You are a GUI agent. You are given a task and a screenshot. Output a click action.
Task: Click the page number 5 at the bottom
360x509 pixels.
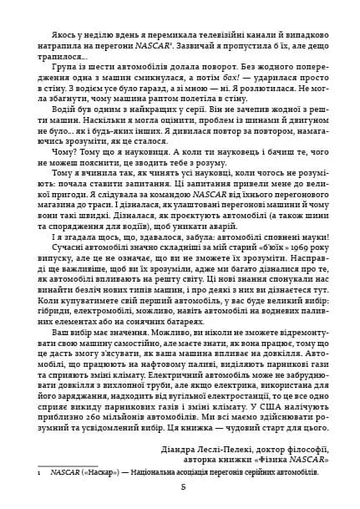pyautogui.click(x=180, y=487)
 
